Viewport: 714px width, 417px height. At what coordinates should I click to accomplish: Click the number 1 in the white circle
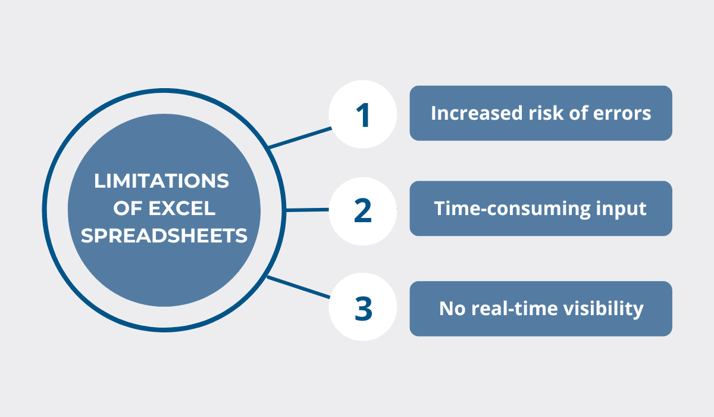point(363,115)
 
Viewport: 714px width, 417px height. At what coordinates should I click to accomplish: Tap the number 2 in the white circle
point(363,210)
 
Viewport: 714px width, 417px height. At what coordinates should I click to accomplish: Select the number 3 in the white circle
point(364,308)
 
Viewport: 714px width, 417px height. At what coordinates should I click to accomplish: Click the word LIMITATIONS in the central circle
point(161,181)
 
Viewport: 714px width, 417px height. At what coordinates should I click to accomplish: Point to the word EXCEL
point(181,208)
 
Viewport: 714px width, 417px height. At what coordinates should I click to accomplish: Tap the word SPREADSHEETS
point(164,236)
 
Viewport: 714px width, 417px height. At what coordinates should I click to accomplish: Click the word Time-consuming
point(512,209)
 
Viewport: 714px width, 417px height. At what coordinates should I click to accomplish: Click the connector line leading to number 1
point(300,138)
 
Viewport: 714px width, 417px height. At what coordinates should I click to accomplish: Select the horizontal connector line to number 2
point(307,210)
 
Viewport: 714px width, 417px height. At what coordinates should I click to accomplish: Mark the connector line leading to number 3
point(298,287)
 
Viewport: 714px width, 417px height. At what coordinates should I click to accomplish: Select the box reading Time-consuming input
point(541,208)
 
